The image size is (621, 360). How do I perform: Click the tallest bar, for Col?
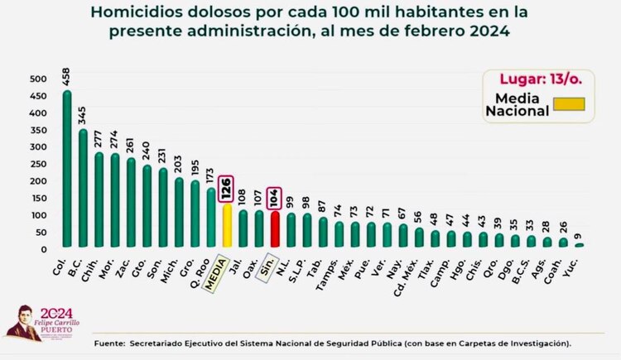67,169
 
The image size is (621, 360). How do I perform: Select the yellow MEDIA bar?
226,225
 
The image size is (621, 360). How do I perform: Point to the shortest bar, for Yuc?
579,245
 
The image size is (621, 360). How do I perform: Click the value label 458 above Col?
67,77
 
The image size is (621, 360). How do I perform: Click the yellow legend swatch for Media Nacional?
569,104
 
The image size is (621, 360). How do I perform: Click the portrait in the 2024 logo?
21,324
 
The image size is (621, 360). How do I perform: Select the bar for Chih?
99,200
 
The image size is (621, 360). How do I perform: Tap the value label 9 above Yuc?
579,234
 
